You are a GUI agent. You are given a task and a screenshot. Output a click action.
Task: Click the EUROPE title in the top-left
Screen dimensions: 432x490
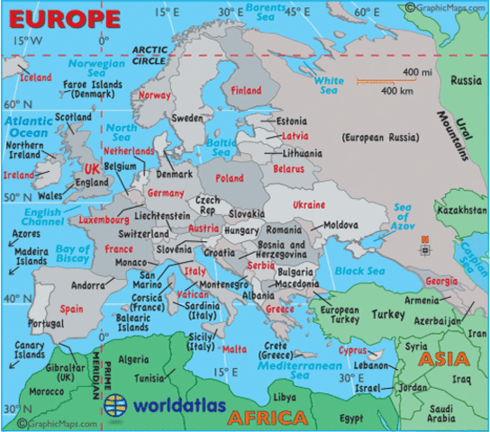click(61, 17)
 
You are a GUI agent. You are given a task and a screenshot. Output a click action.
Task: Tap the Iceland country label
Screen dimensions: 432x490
click(36, 77)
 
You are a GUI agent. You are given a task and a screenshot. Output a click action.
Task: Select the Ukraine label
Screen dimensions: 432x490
click(308, 205)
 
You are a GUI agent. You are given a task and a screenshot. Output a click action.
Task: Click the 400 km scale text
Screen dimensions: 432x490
click(396, 92)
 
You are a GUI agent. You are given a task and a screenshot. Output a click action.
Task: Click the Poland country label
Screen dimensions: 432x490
click(230, 178)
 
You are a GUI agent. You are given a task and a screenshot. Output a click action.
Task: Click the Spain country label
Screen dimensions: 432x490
click(72, 308)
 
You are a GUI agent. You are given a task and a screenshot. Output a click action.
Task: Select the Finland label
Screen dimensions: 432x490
click(246, 91)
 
